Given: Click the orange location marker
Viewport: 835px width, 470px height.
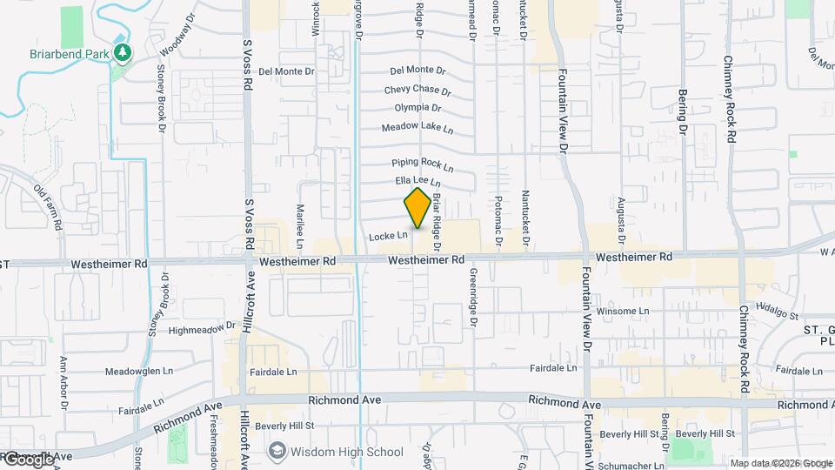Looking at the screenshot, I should coord(417,208).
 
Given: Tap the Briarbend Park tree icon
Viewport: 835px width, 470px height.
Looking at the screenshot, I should coord(124,53).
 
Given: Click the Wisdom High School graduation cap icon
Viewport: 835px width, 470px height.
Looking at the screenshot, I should coord(277,451).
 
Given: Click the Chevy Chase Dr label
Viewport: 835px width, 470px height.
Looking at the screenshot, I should coord(417,90).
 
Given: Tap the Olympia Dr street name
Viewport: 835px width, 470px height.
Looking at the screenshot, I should coord(417,108).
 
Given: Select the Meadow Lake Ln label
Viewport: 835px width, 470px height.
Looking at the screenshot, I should coord(417,128).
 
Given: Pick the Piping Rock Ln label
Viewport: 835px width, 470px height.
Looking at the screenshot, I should coord(423,163).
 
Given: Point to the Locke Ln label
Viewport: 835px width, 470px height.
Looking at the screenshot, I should coord(388,235).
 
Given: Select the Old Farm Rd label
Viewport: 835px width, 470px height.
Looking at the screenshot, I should coord(49,207).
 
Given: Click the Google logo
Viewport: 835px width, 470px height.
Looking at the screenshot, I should coord(28,459).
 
